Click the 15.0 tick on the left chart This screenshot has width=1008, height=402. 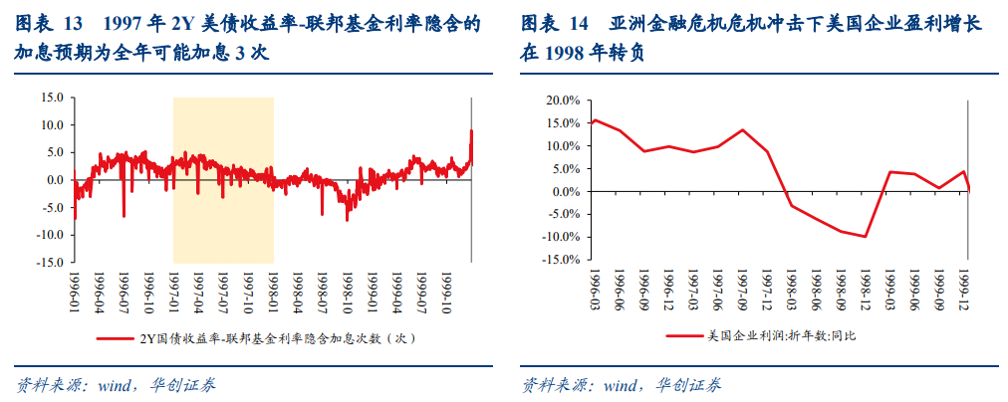pos(50,98)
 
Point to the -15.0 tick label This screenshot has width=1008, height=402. pos(49,263)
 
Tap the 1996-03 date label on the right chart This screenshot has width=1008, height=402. pos(594,289)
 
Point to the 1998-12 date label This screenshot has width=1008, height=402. pos(866,289)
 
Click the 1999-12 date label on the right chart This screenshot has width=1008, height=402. pos(964,289)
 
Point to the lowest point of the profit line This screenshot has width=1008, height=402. pos(866,237)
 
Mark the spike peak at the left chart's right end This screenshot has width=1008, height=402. pos(471,130)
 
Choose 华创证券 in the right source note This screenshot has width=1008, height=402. pos(689,385)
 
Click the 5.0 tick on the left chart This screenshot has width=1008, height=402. pos(53,152)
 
